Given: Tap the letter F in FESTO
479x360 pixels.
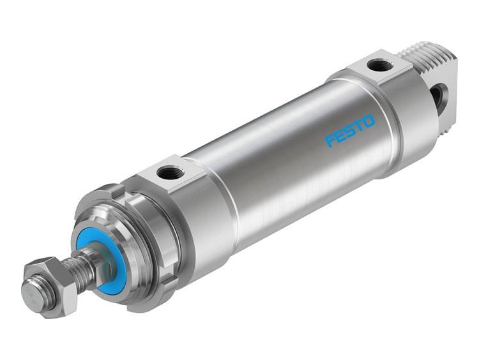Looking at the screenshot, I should pos(330,140).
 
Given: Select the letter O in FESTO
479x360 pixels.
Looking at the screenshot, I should pos(369,120).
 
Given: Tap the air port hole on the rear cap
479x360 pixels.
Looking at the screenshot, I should pos(379,65).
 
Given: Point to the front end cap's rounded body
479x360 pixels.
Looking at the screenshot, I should pos(198,217).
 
